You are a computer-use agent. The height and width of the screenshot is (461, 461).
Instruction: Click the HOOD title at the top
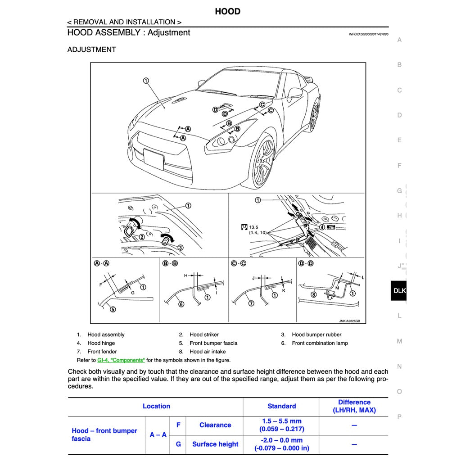click(x=227, y=12)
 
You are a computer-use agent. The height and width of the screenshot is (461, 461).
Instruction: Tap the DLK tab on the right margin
click(x=399, y=291)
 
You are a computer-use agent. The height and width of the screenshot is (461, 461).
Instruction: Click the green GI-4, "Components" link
click(x=121, y=360)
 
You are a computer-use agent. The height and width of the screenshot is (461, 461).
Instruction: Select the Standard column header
click(x=281, y=406)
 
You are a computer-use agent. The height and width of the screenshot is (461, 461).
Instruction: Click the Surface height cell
click(x=215, y=444)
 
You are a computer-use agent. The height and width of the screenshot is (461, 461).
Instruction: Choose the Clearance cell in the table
click(x=215, y=425)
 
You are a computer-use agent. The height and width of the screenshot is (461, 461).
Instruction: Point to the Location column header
click(x=156, y=406)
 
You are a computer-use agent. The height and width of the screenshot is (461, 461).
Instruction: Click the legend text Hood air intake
click(x=208, y=352)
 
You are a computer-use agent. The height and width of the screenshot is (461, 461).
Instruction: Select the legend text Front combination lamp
click(x=320, y=343)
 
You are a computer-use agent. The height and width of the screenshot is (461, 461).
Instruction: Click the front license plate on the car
click(x=154, y=159)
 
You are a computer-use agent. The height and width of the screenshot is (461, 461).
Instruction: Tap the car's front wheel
click(x=263, y=163)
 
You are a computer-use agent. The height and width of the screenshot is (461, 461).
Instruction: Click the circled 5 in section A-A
click(x=113, y=309)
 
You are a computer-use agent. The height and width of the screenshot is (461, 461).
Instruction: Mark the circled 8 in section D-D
click(x=314, y=295)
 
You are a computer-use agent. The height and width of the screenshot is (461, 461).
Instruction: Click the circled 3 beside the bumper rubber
click(x=180, y=247)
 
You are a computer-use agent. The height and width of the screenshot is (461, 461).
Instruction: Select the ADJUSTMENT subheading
click(x=91, y=50)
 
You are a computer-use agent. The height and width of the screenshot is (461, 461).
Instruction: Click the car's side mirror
click(x=295, y=93)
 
